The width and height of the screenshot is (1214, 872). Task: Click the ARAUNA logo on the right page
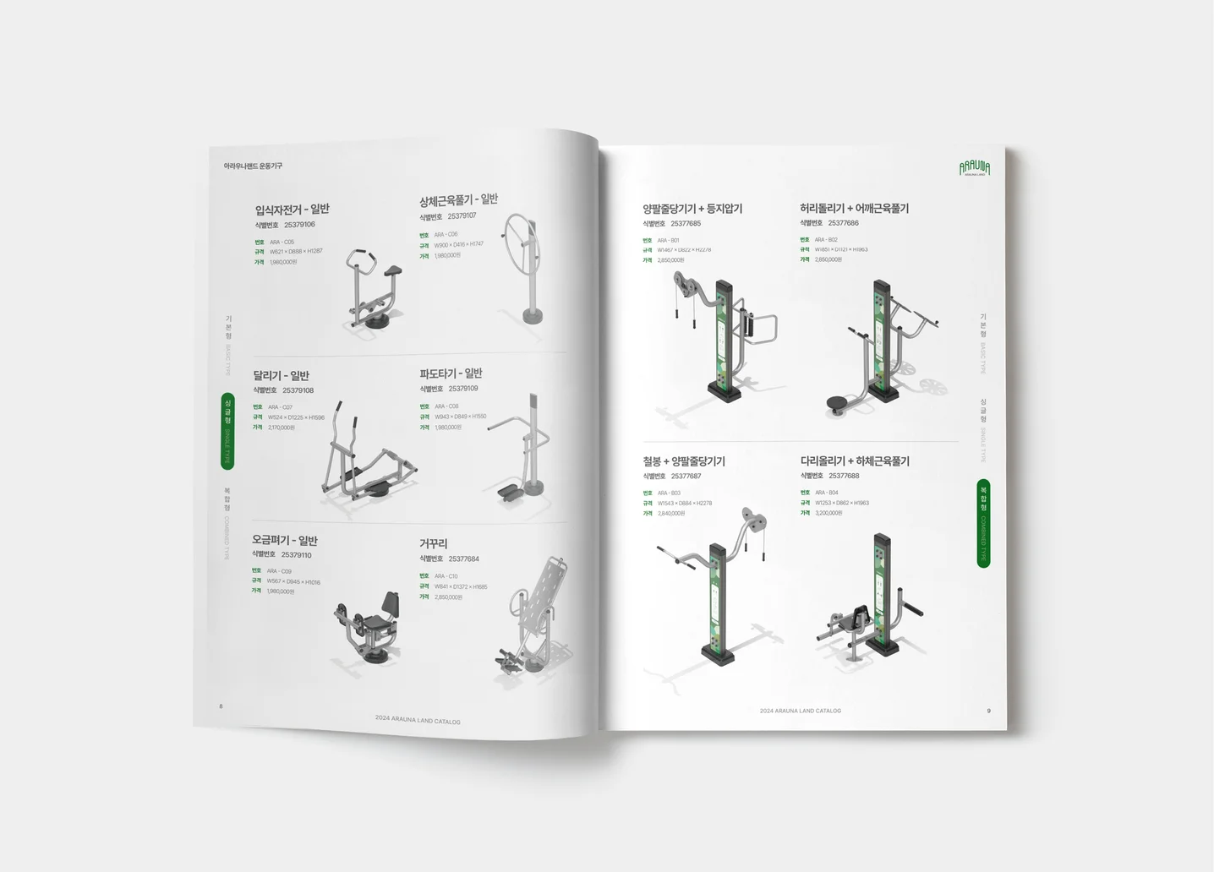pos(974,168)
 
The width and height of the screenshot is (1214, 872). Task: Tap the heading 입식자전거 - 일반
pos(292,210)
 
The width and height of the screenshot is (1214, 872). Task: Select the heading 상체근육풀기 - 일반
pos(458,200)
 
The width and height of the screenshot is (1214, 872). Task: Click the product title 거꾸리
pos(433,543)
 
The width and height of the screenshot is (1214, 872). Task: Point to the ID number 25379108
pos(298,390)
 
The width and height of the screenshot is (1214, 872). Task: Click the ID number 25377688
pos(843,476)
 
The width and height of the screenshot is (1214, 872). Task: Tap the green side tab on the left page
pos(227,430)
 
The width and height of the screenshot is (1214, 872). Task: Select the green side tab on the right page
pos(983,523)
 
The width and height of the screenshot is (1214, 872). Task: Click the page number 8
pos(221,706)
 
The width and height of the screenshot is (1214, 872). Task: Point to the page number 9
pos(988,711)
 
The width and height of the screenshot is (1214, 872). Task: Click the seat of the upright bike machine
pos(391,270)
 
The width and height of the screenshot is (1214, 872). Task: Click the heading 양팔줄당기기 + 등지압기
pos(692,209)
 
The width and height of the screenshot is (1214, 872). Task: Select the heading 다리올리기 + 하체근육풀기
pos(854,461)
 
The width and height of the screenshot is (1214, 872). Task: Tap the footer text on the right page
pos(800,711)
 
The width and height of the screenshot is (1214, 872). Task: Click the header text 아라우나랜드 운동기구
pos(253,166)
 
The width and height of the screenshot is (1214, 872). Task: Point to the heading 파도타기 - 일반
pos(451,373)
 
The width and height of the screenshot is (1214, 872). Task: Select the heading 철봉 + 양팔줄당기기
pos(683,461)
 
